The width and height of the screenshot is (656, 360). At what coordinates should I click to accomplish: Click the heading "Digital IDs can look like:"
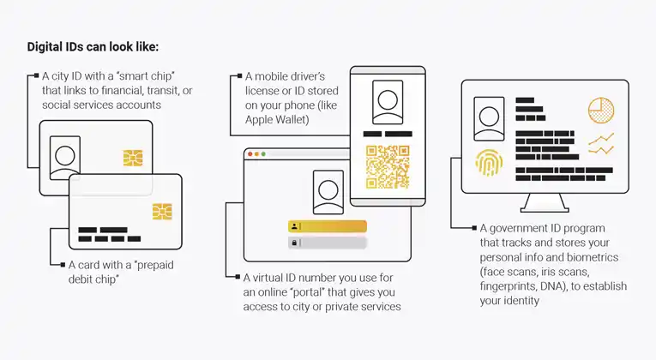[x=93, y=46]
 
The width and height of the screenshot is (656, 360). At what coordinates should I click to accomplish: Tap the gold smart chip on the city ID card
[x=132, y=159]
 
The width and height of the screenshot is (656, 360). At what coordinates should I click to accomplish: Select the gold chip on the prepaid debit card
[x=161, y=211]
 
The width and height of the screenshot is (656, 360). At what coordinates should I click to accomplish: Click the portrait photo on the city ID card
[x=64, y=154]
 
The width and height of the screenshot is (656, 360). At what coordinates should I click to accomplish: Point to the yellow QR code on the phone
[x=388, y=165]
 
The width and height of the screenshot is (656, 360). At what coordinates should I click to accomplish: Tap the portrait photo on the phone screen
[x=387, y=102]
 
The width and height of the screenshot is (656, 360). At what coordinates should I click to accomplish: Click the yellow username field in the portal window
[x=327, y=226]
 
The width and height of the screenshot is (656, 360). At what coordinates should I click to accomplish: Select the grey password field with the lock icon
[x=327, y=243]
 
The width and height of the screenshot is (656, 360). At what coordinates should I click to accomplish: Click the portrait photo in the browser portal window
[x=328, y=191]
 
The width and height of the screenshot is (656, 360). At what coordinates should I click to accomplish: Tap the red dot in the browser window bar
[x=249, y=154]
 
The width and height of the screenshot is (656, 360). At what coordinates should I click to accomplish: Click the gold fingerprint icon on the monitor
[x=490, y=163]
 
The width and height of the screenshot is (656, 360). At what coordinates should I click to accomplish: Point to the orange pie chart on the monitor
[x=601, y=110]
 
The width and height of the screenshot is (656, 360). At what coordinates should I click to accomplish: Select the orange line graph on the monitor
[x=600, y=143]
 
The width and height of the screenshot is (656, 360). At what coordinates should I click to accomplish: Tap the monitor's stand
[x=545, y=204]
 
